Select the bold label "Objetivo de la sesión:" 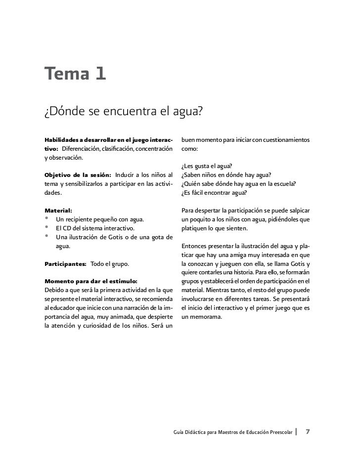78,174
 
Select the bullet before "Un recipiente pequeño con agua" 47,218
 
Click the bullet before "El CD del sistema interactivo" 47,227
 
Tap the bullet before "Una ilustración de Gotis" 47,236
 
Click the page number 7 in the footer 308,431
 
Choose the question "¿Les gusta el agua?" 207,166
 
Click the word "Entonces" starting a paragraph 195,246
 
